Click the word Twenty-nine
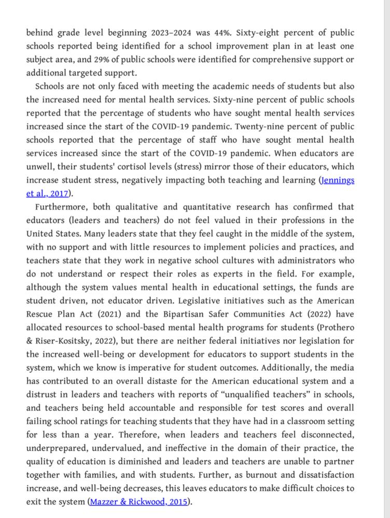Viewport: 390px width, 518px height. [278, 126]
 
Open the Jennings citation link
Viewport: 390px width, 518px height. [338, 180]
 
